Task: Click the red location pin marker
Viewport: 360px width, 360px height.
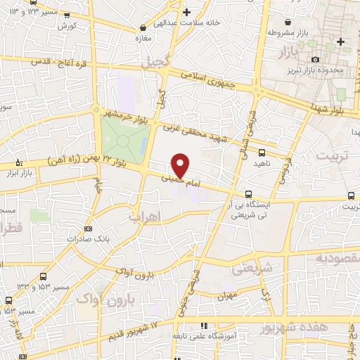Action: coord(181,165)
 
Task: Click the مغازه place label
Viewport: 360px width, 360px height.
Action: coord(143,38)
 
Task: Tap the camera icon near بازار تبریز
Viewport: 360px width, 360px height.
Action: coord(315,59)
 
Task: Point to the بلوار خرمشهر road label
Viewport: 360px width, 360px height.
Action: coord(127,113)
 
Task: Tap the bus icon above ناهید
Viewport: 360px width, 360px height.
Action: coord(262,151)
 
